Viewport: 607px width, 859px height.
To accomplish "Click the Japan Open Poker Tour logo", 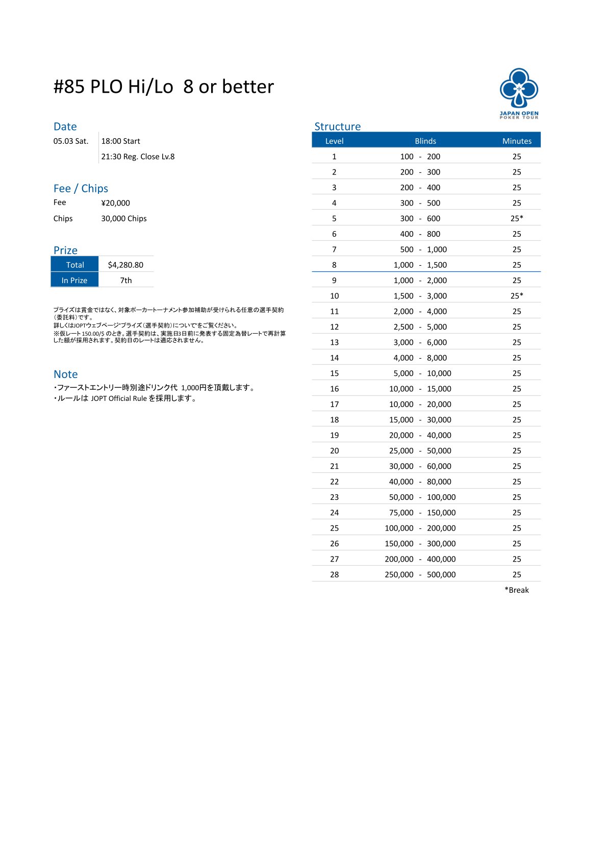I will pos(519,93).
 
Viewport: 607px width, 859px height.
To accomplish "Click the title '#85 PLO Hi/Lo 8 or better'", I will pos(163,87).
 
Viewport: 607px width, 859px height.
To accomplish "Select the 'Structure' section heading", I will pos(337,127).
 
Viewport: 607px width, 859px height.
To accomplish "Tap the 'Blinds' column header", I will pos(425,141).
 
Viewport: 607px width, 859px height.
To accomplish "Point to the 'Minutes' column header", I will pos(517,141).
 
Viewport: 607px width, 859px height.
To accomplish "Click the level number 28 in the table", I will pos(334,574).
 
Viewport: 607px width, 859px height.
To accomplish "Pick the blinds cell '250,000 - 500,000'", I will pos(420,574).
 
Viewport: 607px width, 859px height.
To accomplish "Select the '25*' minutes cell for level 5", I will pos(517,218).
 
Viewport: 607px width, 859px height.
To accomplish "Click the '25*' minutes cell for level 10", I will pos(517,296).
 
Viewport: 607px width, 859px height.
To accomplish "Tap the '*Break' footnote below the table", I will pos(517,590).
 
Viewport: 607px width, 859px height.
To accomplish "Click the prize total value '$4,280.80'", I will pos(125,265).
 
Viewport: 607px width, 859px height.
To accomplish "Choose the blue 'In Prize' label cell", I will pos(74,280).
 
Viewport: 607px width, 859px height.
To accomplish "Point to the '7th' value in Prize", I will pos(126,280).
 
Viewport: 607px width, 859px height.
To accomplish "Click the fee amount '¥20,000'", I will pos(115,203).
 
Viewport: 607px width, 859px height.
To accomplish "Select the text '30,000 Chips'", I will pos(124,218).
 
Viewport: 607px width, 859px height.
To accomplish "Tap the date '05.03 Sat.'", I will pos(71,141).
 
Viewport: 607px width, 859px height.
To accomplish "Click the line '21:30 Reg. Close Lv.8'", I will pos(138,157).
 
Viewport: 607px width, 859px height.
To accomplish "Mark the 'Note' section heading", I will pos(65,374).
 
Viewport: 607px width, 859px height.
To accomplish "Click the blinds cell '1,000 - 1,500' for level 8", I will pos(420,265).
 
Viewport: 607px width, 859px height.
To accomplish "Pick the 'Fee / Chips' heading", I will pos(81,189).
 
